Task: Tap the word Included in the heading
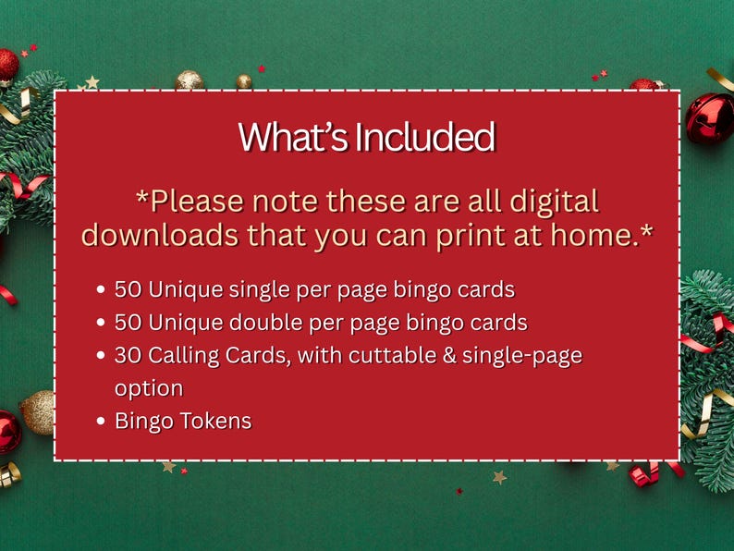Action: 425,137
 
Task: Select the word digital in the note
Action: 550,201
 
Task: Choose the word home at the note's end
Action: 599,235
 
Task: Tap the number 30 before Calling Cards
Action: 128,356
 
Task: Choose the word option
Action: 149,388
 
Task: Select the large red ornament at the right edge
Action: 709,118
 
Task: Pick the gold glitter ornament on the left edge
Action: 40,412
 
